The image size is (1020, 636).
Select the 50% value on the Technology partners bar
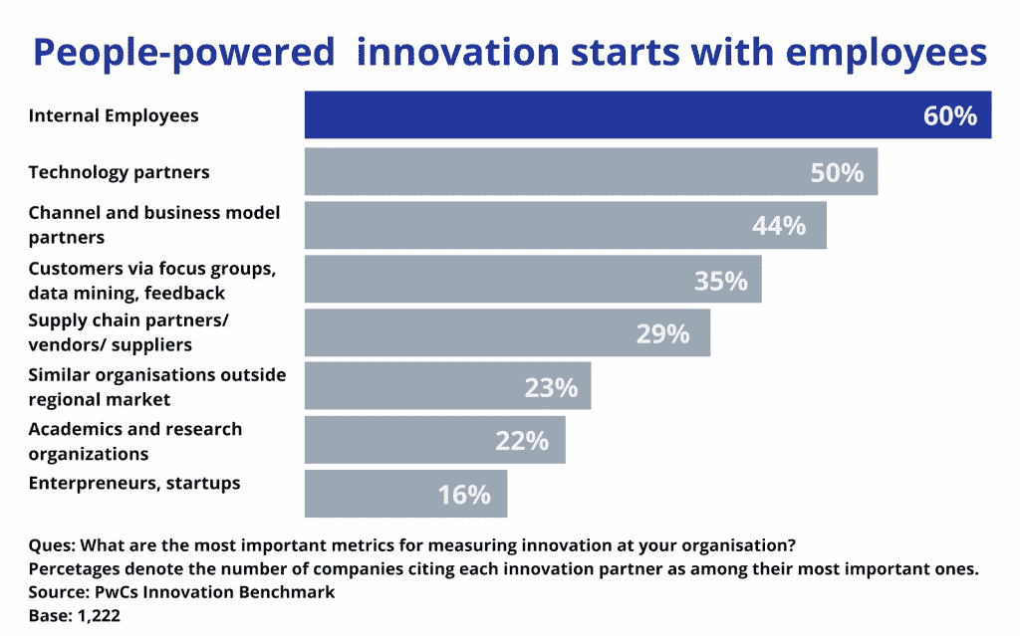click(836, 172)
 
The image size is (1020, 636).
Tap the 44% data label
click(778, 226)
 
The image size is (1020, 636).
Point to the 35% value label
click(720, 281)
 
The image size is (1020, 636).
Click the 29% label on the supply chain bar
click(662, 333)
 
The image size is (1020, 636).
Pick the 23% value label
click(551, 387)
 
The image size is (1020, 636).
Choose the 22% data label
click(522, 440)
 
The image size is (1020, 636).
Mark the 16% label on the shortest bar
click(464, 494)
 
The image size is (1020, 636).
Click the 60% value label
click(950, 115)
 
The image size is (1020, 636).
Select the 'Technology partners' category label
click(119, 172)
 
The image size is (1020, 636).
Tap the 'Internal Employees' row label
click(114, 115)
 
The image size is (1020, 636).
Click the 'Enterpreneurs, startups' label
click(134, 484)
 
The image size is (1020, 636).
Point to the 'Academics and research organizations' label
click(134, 441)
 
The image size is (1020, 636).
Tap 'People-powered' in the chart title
click(184, 53)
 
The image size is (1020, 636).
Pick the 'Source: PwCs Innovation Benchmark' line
click(181, 591)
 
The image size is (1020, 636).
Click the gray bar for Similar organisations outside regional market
click(447, 386)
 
